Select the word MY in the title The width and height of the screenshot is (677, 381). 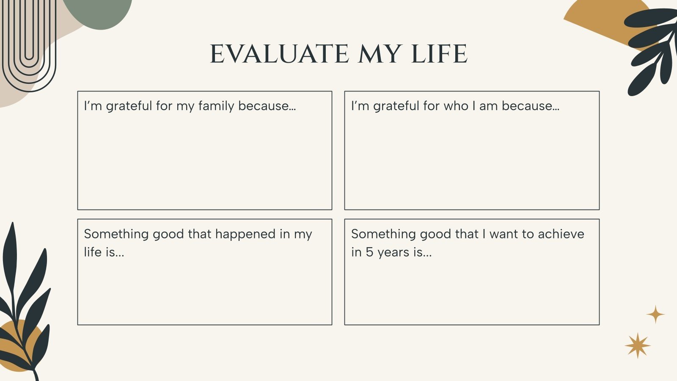380,54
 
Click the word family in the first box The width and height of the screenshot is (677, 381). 216,106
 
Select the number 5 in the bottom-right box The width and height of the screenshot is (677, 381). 369,252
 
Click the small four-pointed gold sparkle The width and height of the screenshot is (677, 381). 655,315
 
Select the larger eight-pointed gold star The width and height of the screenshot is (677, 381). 638,345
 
